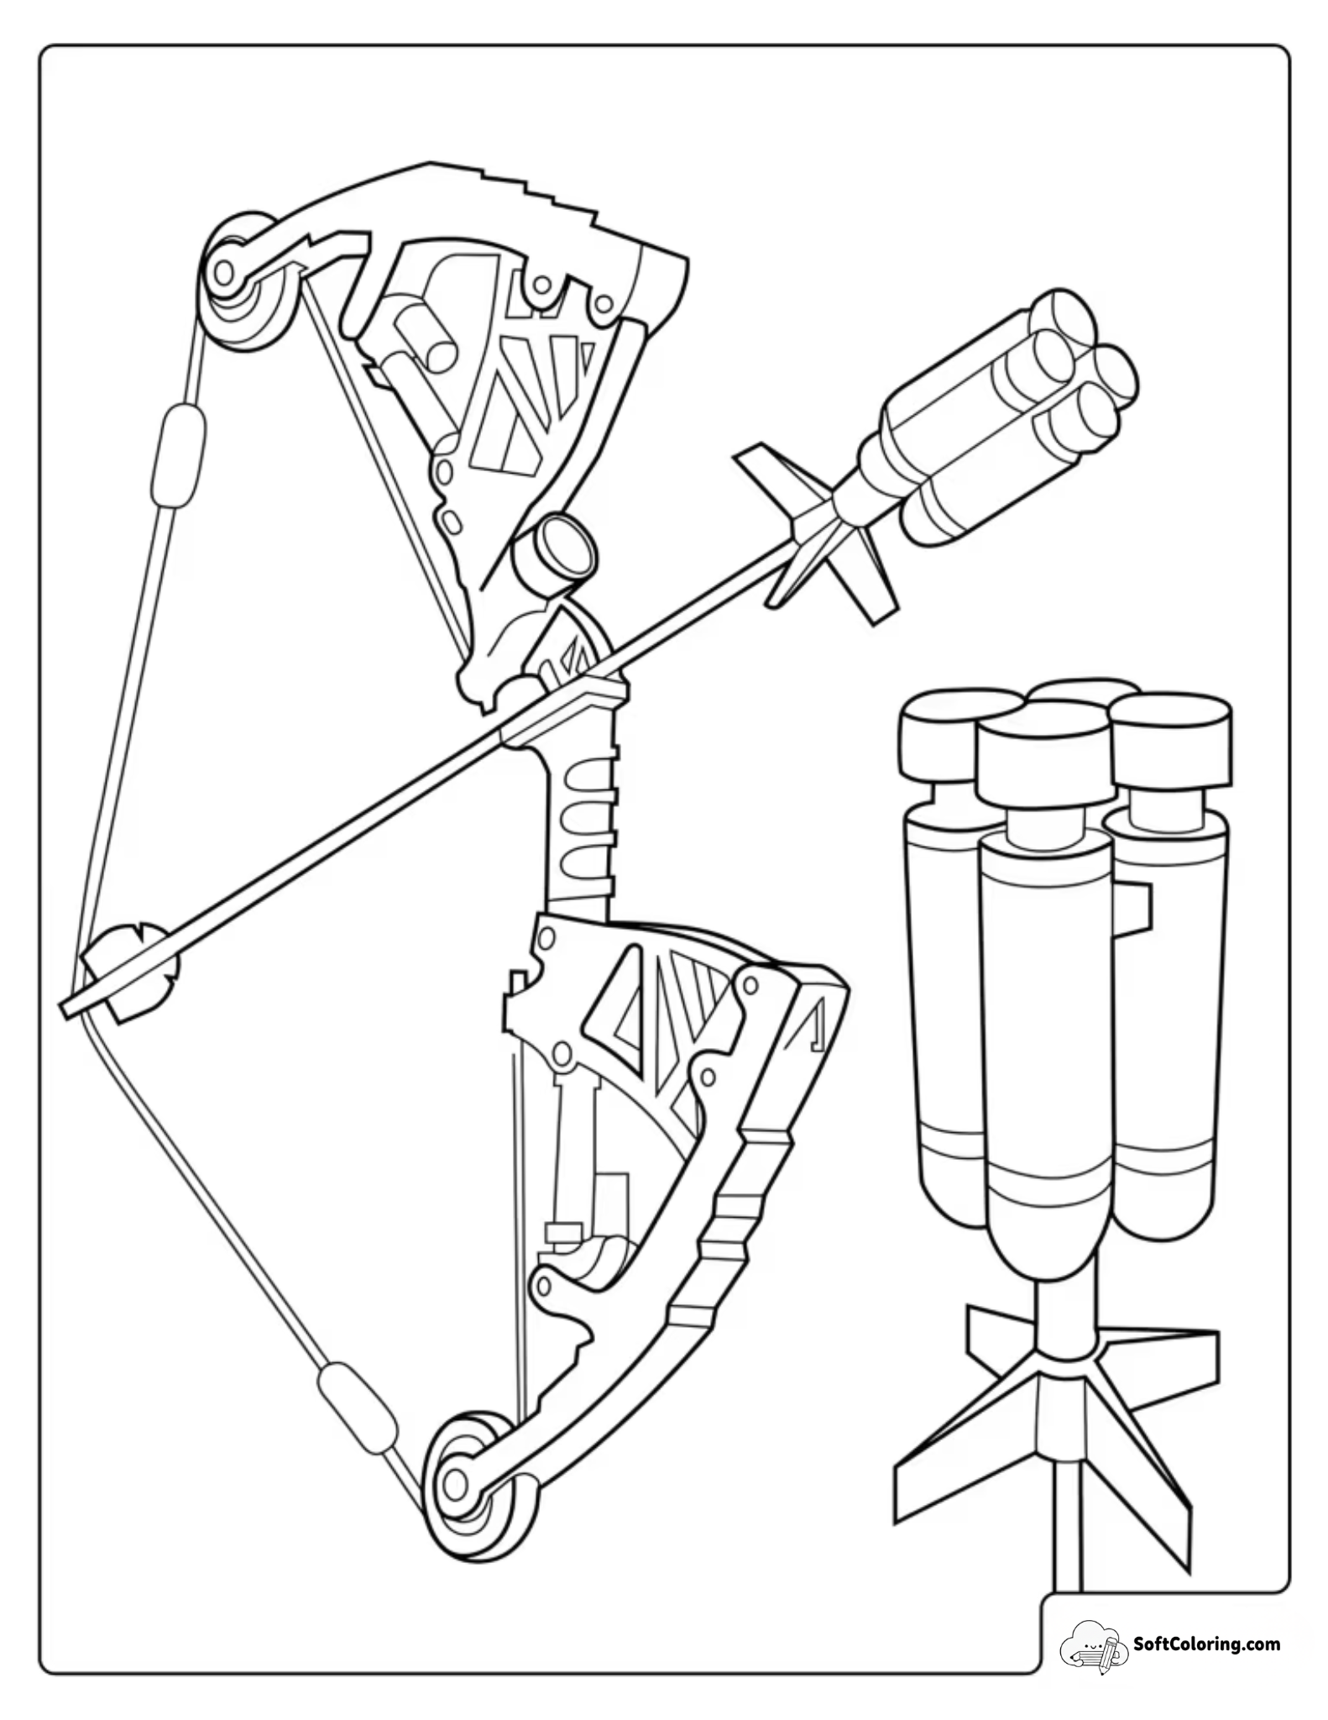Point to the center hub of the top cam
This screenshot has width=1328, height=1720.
pos(223,271)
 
